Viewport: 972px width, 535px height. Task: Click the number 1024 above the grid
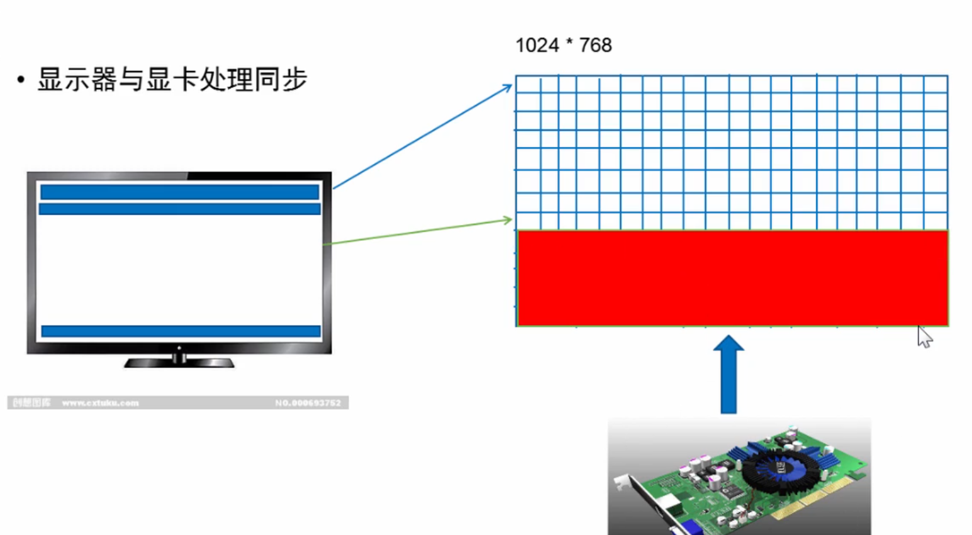click(537, 45)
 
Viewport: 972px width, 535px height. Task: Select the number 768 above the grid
click(595, 45)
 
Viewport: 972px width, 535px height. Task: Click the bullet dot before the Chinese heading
click(21, 80)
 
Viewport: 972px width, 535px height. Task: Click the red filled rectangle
click(732, 278)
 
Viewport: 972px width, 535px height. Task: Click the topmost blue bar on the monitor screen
click(179, 192)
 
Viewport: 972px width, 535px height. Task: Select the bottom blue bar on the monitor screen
click(181, 331)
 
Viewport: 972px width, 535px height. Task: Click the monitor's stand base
click(179, 362)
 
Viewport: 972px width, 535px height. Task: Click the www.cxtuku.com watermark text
click(100, 403)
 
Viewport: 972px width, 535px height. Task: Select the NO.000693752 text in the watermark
click(308, 403)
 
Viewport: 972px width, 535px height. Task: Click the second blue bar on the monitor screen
click(179, 209)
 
